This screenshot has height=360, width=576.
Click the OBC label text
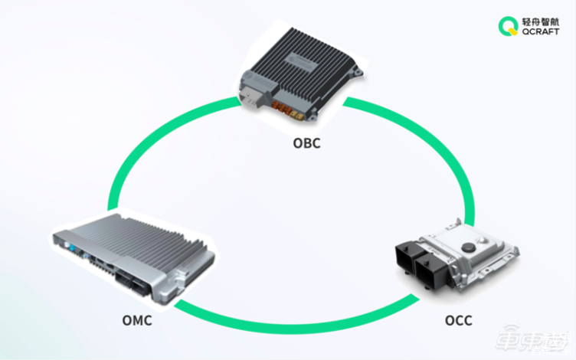[306, 143]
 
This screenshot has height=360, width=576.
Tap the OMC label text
[137, 320]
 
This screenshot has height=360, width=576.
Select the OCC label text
[459, 320]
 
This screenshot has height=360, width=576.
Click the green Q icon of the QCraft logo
[508, 27]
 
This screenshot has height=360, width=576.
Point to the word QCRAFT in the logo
[541, 31]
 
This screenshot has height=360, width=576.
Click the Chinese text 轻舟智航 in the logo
[541, 21]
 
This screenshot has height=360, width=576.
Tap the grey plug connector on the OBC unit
[252, 97]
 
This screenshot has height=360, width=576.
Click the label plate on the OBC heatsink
[302, 63]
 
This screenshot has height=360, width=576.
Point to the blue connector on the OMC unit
[72, 249]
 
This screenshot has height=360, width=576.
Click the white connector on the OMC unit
[67, 244]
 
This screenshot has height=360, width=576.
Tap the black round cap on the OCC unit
[468, 247]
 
